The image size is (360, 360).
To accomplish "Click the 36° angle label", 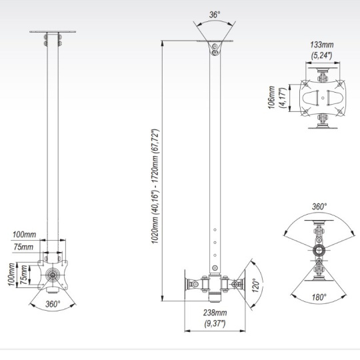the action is (215, 15).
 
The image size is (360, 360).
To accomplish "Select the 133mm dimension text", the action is (321, 45).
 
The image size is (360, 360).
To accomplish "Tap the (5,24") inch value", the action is (321, 55).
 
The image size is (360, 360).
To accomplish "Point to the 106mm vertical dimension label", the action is (271, 97).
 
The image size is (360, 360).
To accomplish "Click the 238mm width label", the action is (215, 313).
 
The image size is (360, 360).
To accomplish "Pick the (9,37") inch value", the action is (215, 323).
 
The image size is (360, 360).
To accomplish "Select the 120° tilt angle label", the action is (255, 285).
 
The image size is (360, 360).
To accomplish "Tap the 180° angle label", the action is (319, 297).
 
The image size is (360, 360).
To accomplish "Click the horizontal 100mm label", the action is (25, 235).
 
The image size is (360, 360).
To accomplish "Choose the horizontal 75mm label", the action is (23, 247).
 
